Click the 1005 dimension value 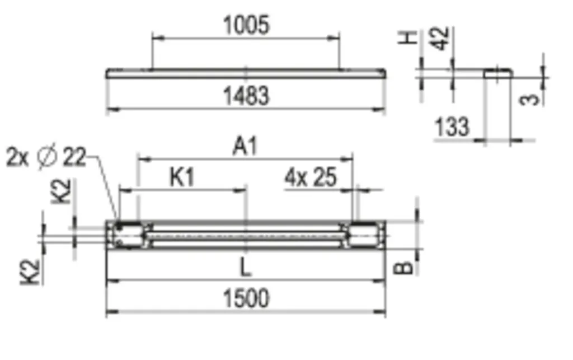click(246, 25)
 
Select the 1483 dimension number click(246, 96)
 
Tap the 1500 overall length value click(246, 298)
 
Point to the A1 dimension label click(245, 146)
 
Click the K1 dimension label click(182, 177)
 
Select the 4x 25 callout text click(310, 177)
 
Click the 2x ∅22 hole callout click(46, 157)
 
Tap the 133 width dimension click(452, 127)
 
